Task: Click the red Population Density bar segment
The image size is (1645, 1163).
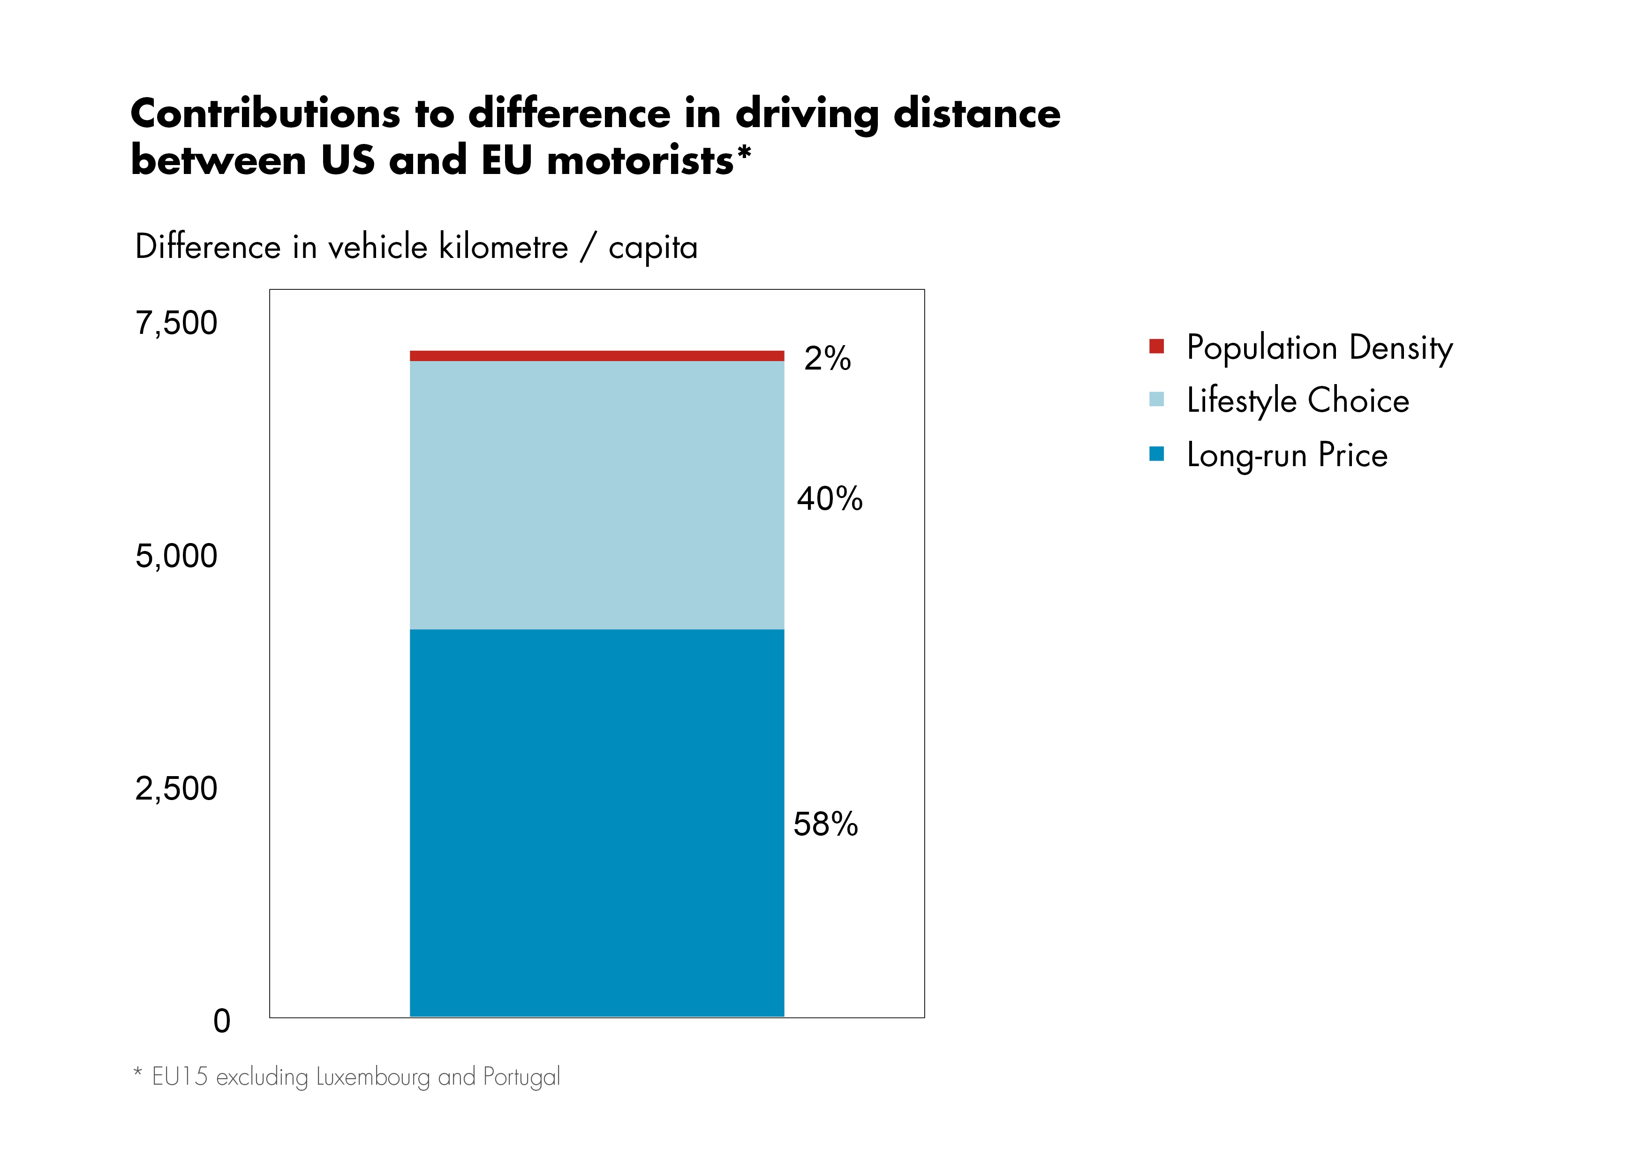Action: point(597,355)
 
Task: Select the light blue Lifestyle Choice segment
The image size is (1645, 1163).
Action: point(597,494)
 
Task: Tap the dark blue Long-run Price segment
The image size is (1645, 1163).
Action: point(597,823)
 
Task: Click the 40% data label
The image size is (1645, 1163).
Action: point(830,499)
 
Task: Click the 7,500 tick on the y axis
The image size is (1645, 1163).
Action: point(176,323)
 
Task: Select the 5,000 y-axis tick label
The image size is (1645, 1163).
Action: point(176,556)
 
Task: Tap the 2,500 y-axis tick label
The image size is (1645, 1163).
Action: point(176,789)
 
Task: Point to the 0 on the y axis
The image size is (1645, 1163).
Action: point(222,1021)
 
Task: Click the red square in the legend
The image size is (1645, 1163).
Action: point(1156,346)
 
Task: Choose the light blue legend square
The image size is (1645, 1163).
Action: point(1156,399)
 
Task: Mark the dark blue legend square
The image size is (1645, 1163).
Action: point(1156,453)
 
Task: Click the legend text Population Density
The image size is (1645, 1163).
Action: point(1320,348)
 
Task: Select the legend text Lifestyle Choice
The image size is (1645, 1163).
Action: point(1298,400)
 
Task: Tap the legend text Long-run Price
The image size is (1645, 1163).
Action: point(1287,455)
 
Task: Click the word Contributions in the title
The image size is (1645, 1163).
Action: point(265,114)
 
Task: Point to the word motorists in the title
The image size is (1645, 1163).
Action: point(641,160)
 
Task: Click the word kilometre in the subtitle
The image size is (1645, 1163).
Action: point(503,247)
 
